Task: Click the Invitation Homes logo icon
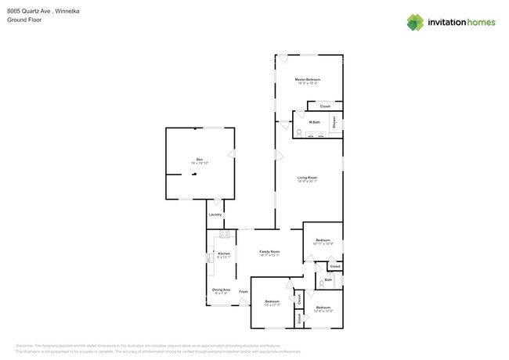click(x=414, y=22)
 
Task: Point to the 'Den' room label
click(x=200, y=160)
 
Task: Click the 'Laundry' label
click(x=215, y=214)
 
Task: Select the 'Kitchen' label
click(x=224, y=254)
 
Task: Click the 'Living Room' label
click(x=307, y=178)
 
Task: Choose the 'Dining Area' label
click(x=221, y=290)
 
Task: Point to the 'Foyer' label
click(x=244, y=292)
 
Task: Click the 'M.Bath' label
click(x=314, y=122)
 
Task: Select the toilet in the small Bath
click(x=321, y=285)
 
